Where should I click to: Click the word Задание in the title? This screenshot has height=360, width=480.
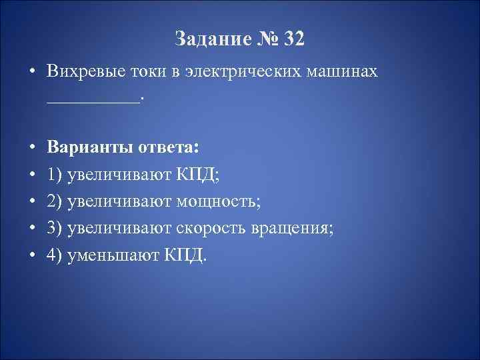(211, 39)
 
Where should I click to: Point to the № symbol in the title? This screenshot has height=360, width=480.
(266, 39)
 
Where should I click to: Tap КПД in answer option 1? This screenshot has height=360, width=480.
(200, 174)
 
